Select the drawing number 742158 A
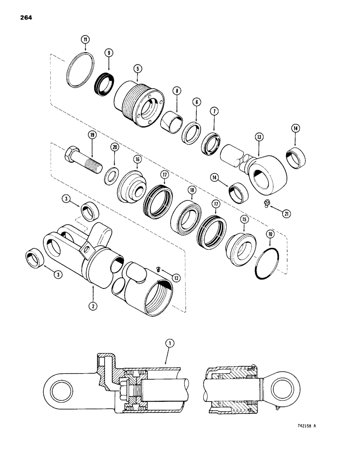coord(305,425)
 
